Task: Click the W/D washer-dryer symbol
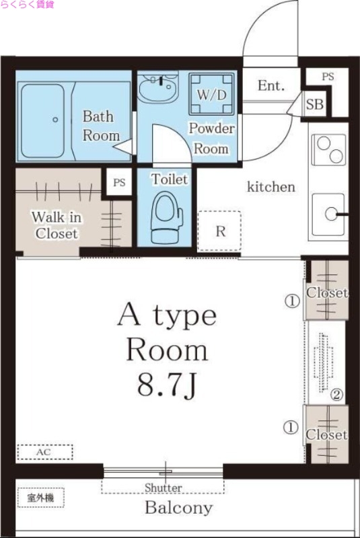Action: [x=211, y=93]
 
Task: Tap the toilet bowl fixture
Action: [x=167, y=217]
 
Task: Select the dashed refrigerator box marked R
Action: [x=219, y=231]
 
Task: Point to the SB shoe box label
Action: [x=315, y=104]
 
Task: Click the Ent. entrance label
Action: [x=271, y=85]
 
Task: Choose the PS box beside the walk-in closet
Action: [x=119, y=182]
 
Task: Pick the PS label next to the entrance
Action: [x=328, y=77]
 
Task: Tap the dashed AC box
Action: [x=45, y=452]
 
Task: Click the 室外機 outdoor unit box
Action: [x=41, y=497]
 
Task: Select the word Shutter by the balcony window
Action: [x=164, y=487]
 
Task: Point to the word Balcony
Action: [x=179, y=508]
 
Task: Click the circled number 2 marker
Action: [x=336, y=395]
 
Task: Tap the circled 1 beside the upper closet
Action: [x=292, y=301]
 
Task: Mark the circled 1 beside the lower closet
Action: [x=290, y=428]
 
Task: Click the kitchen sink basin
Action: [x=328, y=215]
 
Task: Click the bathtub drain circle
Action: [x=55, y=120]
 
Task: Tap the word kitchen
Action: [x=271, y=187]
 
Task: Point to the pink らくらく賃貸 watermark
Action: [x=27, y=5]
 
